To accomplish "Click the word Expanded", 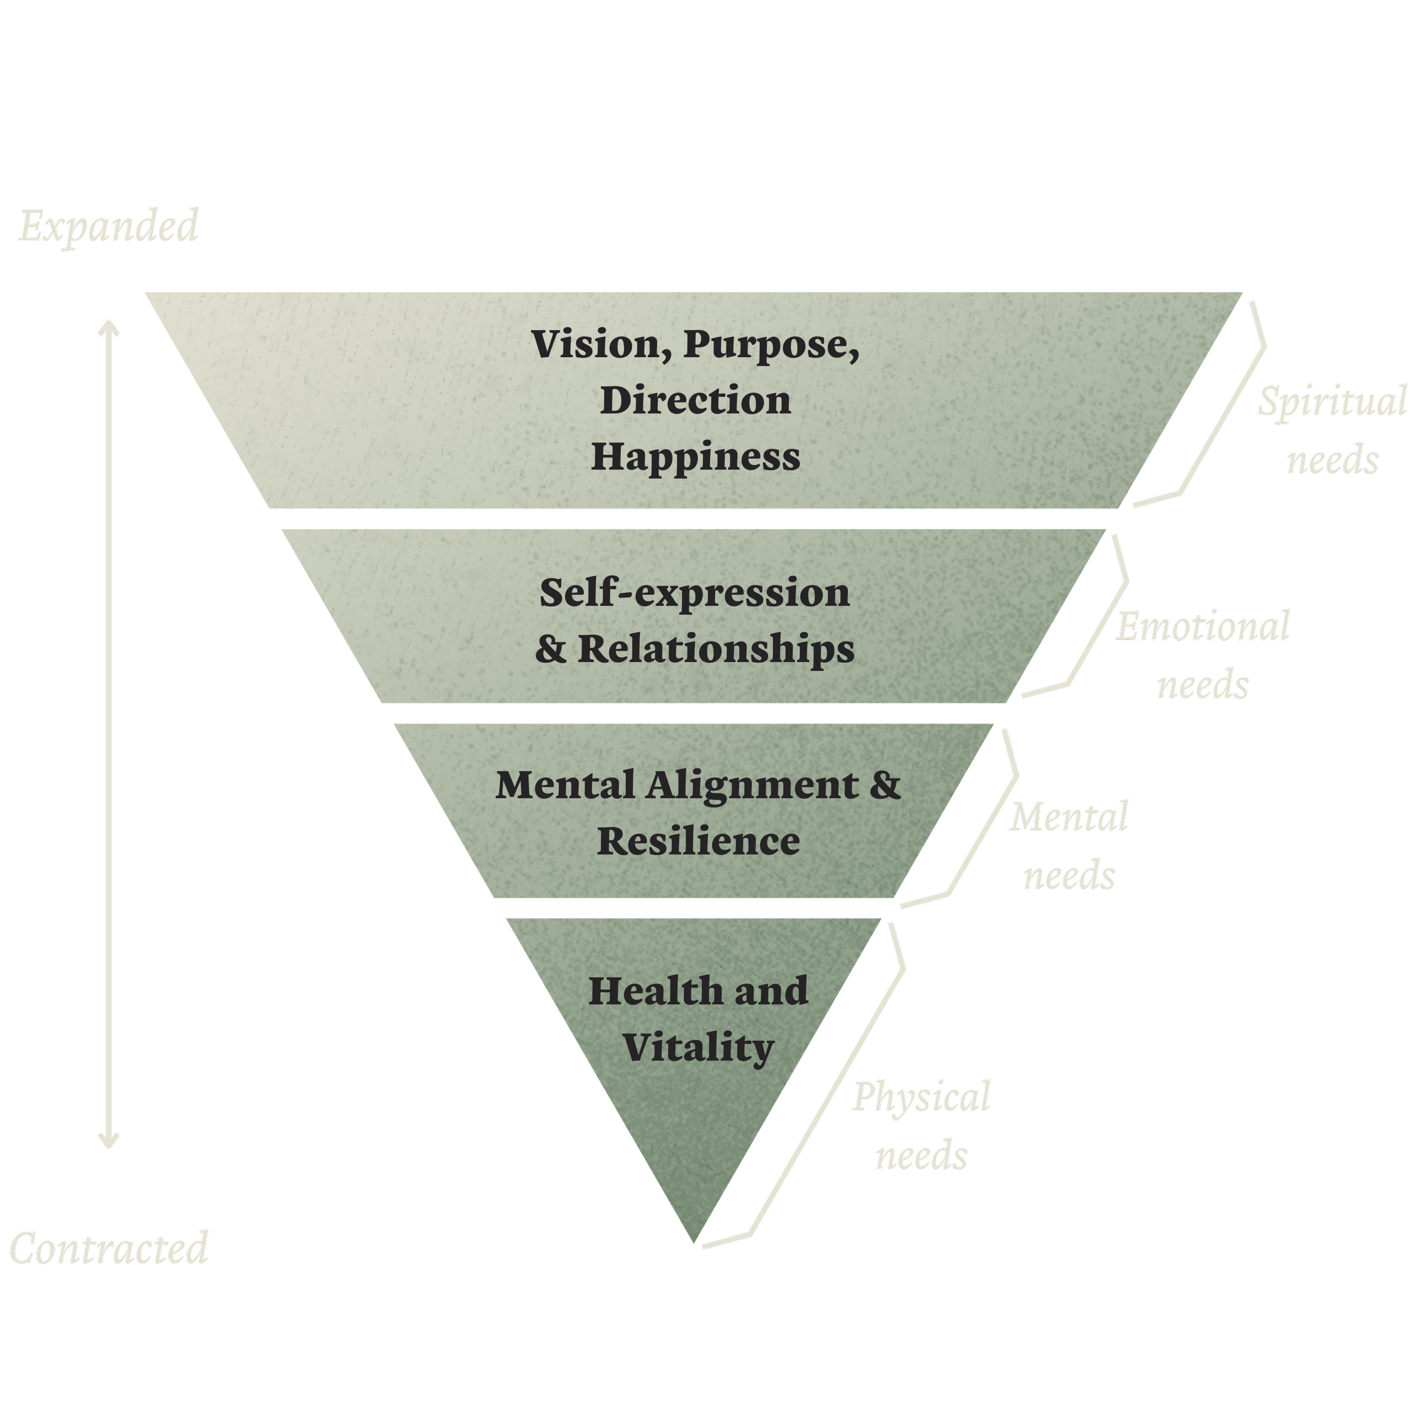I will tap(109, 226).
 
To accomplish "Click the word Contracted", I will tap(109, 1249).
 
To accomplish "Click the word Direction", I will tap(695, 401).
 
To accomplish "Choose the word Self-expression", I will tap(695, 593).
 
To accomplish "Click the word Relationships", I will tap(716, 649).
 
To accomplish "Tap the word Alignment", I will tap(752, 785).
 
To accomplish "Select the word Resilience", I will tap(698, 842).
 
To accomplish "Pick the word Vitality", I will tap(698, 1048).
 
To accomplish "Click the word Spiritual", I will tap(1332, 403).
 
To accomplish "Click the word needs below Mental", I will tap(1068, 876).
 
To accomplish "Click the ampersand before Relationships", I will tap(550, 649).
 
